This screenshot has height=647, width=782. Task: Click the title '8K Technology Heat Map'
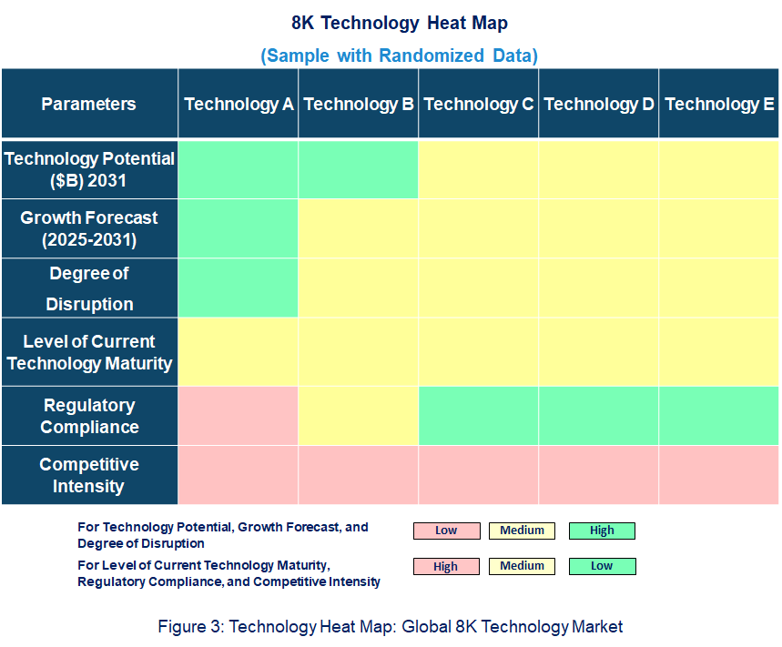point(399,23)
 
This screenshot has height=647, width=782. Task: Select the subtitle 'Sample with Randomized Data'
point(399,56)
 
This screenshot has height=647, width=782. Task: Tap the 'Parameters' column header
point(88,104)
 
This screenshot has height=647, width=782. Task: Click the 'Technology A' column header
point(239,104)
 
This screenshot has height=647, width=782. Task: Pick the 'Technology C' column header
point(479,104)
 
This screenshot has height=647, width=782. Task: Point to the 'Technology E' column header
point(719,104)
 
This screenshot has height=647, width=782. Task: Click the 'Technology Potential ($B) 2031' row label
point(89,169)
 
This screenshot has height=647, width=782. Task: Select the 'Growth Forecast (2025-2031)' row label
point(89,228)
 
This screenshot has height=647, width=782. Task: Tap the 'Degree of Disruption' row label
point(89,288)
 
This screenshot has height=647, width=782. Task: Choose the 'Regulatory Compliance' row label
point(89,416)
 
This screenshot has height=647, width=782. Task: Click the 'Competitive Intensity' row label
point(89,475)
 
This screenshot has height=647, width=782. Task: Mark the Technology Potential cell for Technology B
point(359,169)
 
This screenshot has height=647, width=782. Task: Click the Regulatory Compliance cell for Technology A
point(239,416)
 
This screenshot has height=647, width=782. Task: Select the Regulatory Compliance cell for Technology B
point(359,416)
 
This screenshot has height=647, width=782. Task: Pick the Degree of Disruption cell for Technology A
point(239,288)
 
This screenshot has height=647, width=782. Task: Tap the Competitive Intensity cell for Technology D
point(599,475)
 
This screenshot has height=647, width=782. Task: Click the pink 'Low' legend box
point(446,531)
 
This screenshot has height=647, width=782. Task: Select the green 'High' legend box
point(602,531)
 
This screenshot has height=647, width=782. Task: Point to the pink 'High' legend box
point(446,566)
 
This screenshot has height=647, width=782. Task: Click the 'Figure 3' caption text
point(390,626)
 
